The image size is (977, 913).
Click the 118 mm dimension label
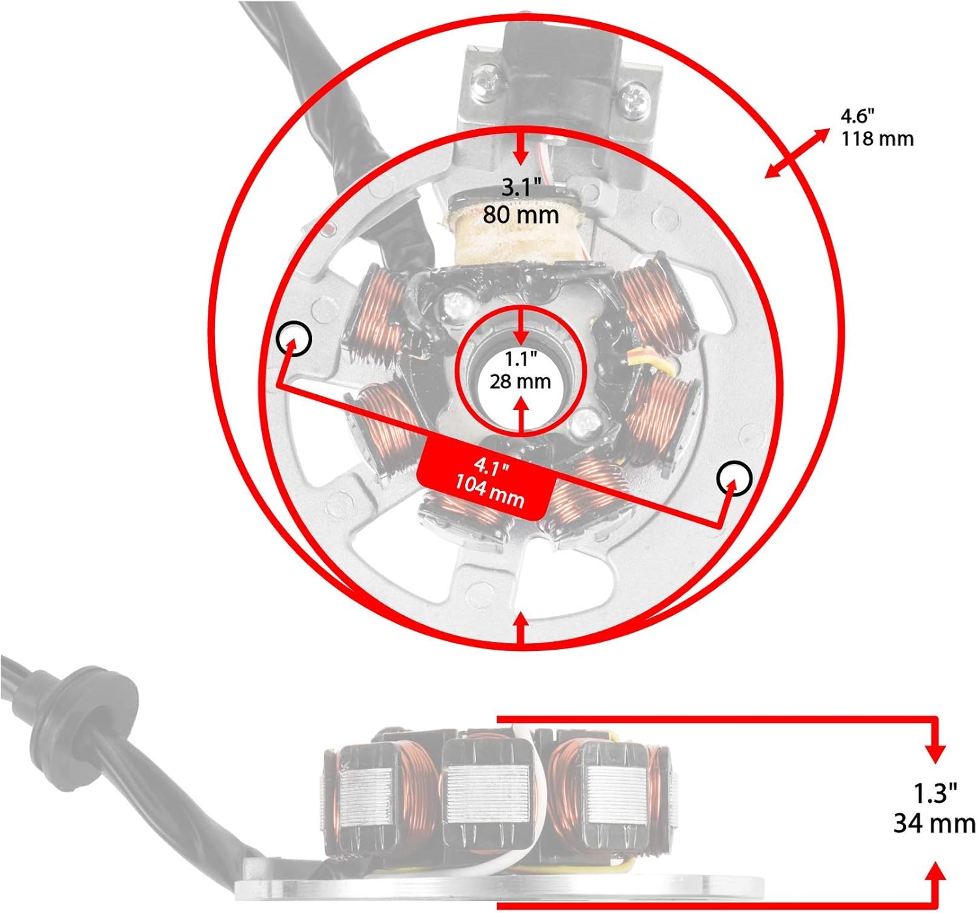click(x=877, y=139)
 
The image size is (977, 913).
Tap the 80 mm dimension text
click(x=521, y=214)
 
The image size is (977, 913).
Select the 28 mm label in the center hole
click(x=520, y=381)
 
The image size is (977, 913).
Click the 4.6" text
click(x=858, y=116)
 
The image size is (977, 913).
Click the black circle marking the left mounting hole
click(x=294, y=338)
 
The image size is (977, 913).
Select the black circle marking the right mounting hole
click(x=734, y=478)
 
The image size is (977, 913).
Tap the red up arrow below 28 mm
click(x=522, y=416)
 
